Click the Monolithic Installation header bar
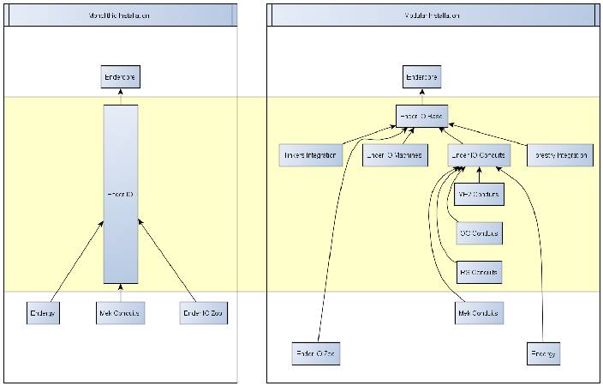(x=120, y=15)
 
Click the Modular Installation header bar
(x=433, y=15)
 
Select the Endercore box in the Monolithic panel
(x=120, y=78)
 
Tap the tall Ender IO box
(x=120, y=195)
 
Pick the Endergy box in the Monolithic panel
(x=41, y=314)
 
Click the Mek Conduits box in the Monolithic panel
(x=120, y=314)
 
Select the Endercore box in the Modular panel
(x=421, y=78)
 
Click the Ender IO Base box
(x=421, y=116)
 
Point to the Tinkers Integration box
(x=311, y=155)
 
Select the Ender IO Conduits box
(x=480, y=155)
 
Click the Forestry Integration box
(x=558, y=155)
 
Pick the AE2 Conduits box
(x=479, y=195)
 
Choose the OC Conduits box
(x=479, y=233)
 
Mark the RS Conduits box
(x=479, y=273)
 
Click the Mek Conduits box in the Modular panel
(x=479, y=313)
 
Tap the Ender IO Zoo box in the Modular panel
(x=312, y=353)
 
